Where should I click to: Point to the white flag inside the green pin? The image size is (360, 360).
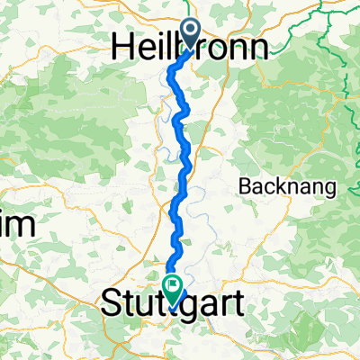point(171,285)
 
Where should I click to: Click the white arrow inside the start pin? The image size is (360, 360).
point(192,30)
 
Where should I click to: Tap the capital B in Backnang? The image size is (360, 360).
point(244,187)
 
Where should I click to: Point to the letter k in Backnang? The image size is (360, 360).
point(272,187)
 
